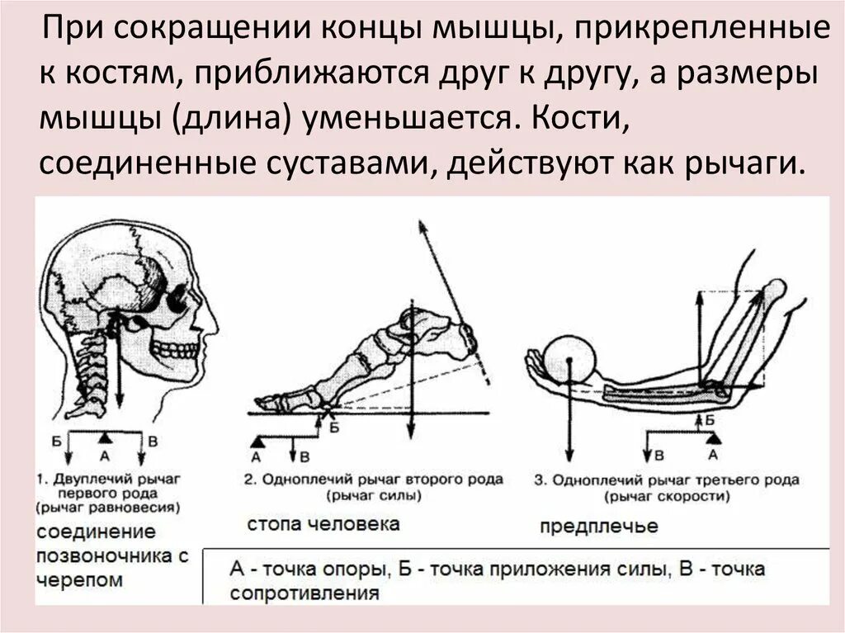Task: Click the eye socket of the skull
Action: point(176,301)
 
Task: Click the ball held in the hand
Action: point(569,358)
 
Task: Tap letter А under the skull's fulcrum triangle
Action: point(104,454)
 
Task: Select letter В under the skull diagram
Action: point(153,440)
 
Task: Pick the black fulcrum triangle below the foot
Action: point(256,443)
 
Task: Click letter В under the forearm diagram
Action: point(659,455)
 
